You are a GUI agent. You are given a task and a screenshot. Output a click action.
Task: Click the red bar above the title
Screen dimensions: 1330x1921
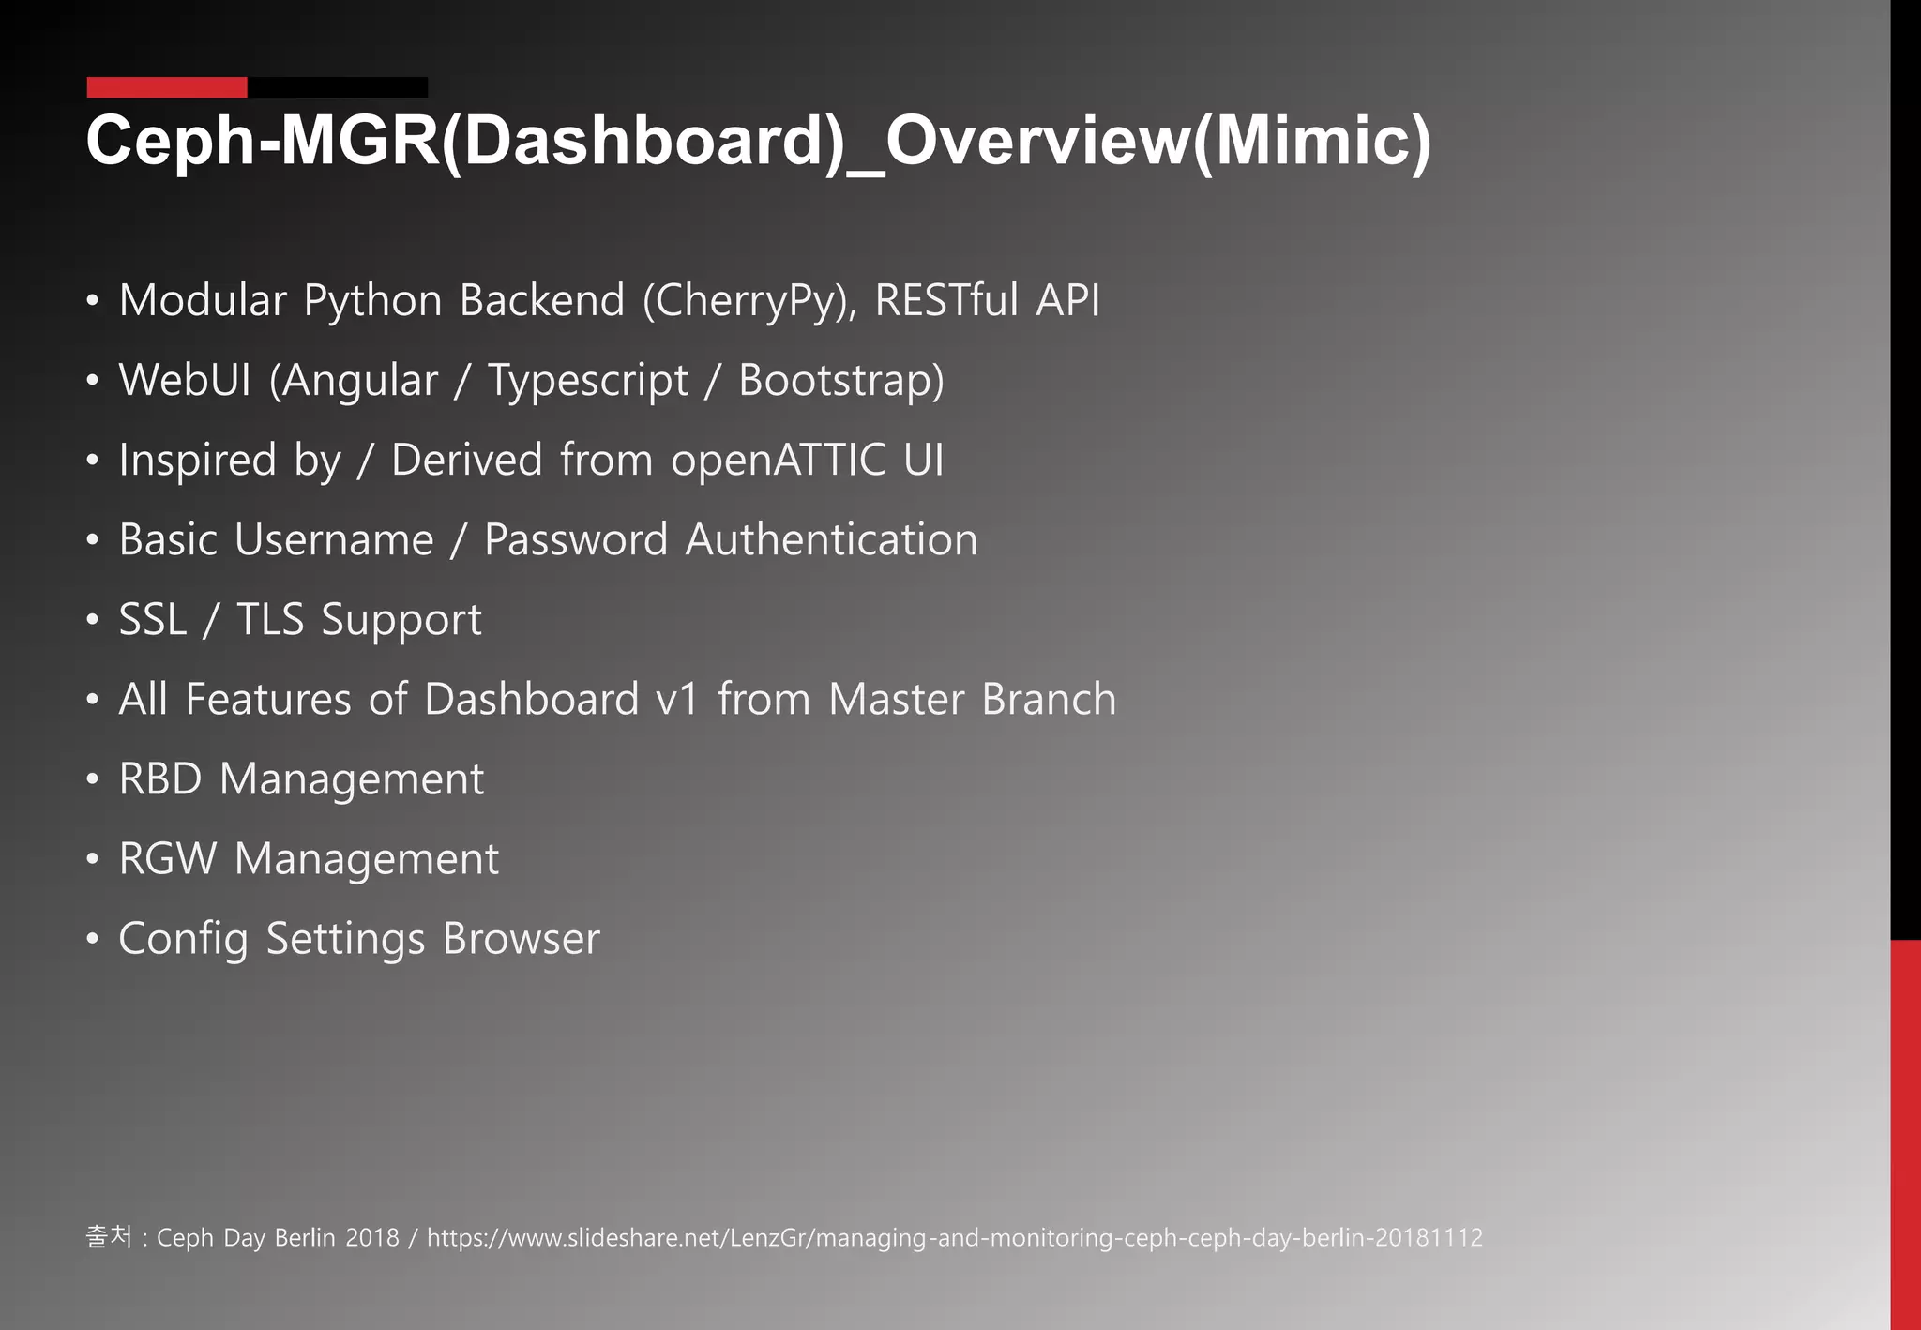click(x=167, y=87)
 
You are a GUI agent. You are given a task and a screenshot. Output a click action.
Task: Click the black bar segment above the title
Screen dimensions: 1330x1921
click(x=338, y=87)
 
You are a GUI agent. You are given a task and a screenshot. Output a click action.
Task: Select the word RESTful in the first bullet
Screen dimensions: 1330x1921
click(x=946, y=300)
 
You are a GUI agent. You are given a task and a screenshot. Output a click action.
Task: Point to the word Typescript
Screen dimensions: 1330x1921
click(x=588, y=381)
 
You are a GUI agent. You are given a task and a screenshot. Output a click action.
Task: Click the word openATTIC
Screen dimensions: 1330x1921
click(x=778, y=461)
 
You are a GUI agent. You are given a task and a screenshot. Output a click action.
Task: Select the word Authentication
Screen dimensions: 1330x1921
click(x=832, y=540)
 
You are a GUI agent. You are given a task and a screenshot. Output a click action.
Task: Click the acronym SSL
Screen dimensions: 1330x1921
click(x=153, y=620)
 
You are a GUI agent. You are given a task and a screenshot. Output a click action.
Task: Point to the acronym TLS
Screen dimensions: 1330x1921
click(x=270, y=620)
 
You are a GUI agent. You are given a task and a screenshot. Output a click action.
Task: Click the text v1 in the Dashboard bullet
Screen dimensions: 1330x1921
click(x=677, y=700)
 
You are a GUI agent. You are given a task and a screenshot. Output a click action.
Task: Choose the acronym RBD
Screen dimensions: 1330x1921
click(x=160, y=779)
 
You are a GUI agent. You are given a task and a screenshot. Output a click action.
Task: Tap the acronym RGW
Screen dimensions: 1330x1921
click(x=168, y=859)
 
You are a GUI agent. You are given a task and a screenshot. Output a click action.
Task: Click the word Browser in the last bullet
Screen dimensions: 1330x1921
click(x=522, y=939)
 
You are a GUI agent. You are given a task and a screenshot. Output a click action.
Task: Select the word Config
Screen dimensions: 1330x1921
click(x=184, y=939)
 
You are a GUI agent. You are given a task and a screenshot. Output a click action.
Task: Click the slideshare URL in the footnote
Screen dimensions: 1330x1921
click(x=955, y=1238)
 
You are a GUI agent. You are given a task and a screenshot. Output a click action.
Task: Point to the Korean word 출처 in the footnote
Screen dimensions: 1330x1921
click(x=109, y=1237)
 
